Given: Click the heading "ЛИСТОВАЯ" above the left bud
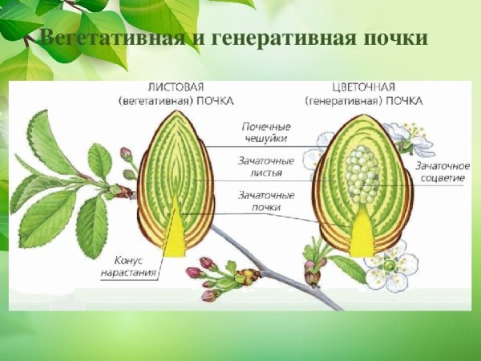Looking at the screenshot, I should pyautogui.click(x=175, y=87).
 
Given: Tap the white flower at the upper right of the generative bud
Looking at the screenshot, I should pyautogui.click(x=409, y=138).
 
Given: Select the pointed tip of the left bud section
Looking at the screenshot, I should pyautogui.click(x=176, y=112).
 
